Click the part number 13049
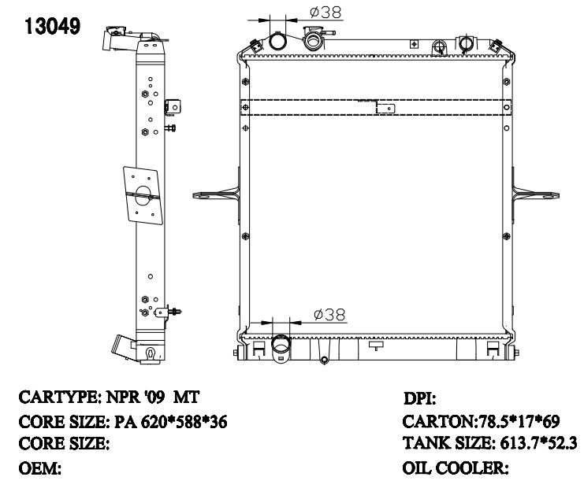(52, 27)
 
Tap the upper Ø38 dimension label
(325, 13)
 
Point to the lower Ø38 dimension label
(329, 315)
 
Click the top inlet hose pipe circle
(277, 41)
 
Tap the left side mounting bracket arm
(217, 194)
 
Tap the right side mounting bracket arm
(535, 194)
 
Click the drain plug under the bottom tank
(324, 360)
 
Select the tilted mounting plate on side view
(143, 195)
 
